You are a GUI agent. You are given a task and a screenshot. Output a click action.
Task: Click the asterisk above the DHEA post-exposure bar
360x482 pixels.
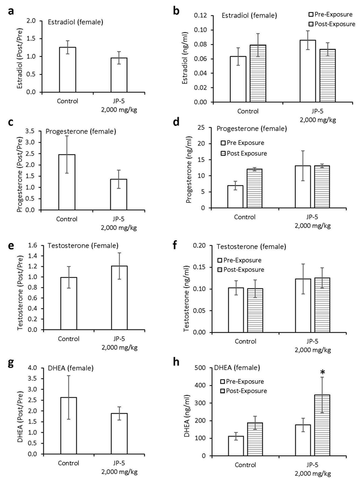(322, 372)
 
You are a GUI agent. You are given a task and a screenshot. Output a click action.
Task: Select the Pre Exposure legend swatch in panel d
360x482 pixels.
(224, 143)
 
